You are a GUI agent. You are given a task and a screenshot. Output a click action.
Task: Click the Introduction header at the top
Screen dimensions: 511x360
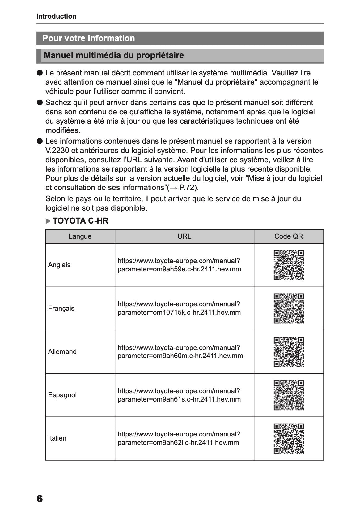coord(56,16)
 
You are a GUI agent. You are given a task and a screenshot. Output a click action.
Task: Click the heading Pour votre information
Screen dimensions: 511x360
coord(89,38)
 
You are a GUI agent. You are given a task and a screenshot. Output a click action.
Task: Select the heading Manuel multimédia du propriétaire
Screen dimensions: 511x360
coord(114,56)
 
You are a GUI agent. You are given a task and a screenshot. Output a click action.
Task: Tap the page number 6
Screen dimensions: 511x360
coord(40,499)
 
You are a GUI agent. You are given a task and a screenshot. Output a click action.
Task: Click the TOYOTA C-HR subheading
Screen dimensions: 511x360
coord(80,221)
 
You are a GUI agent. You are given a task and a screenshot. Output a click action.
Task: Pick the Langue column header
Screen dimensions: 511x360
coord(80,236)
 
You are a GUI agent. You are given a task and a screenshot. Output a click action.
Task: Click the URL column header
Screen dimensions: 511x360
coord(184,236)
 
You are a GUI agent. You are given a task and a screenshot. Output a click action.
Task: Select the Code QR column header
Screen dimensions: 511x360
coord(289,236)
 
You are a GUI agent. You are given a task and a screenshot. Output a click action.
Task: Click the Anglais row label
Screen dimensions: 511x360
coord(59,265)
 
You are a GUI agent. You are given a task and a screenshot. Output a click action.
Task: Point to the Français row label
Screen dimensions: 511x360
coord(61,309)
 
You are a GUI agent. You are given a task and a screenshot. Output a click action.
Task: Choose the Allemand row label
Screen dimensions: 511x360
coord(62,352)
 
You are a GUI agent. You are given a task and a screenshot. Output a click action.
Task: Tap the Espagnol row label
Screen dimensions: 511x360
coord(62,395)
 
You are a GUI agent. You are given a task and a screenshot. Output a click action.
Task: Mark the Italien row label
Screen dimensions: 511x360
coord(57,438)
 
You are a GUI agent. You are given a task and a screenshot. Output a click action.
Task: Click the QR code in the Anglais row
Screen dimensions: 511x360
coord(289,265)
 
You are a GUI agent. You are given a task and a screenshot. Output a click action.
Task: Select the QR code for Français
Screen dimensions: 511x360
coord(289,309)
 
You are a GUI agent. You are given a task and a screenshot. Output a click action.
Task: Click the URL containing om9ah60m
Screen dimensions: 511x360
coord(180,352)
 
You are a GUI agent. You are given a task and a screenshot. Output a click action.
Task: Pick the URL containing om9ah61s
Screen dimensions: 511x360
coord(179,395)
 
